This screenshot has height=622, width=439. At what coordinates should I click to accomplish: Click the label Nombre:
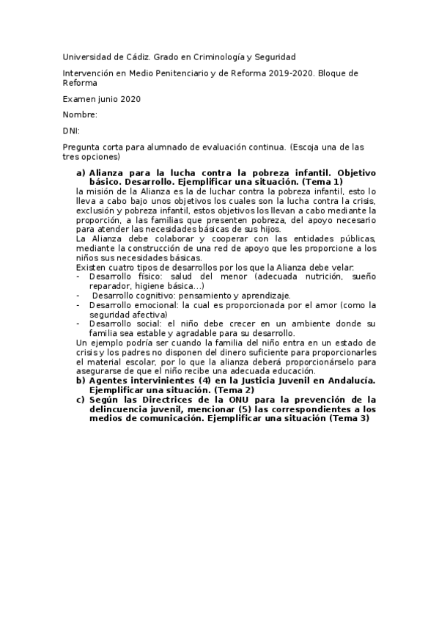(80, 115)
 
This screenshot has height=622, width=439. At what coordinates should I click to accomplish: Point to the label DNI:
(71, 131)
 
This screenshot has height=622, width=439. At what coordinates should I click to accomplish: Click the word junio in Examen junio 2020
(112, 99)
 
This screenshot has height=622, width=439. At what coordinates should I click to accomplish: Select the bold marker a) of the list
(81, 173)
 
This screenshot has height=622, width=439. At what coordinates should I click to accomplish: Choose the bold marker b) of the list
(81, 380)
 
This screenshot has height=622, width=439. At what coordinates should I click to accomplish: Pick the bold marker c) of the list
(81, 400)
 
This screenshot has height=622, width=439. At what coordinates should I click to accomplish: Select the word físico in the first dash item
(149, 277)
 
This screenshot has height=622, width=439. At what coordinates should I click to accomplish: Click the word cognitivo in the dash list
(152, 295)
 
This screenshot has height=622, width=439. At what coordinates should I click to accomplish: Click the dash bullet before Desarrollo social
(78, 323)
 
